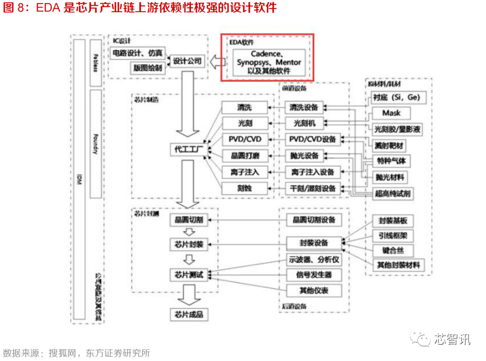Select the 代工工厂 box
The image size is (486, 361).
pyautogui.click(x=189, y=150)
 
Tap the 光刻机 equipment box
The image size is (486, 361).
pyautogui.click(x=304, y=123)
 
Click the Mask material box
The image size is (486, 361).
pyautogui.click(x=391, y=113)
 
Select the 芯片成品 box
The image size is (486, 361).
pyautogui.click(x=189, y=315)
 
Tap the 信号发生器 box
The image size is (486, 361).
pyautogui.click(x=313, y=274)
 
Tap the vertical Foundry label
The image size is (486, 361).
pyautogui.click(x=95, y=142)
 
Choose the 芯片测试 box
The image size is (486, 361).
pyautogui.click(x=189, y=274)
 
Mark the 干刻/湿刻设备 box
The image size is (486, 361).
pyautogui.click(x=313, y=188)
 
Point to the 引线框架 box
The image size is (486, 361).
pyautogui.click(x=392, y=235)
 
